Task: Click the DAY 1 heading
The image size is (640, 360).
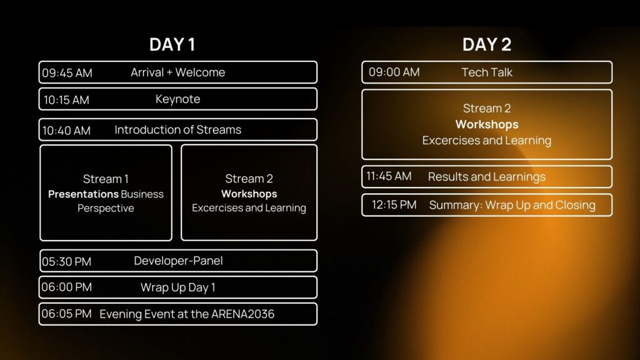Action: (x=172, y=45)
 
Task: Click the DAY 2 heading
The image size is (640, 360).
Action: (x=486, y=45)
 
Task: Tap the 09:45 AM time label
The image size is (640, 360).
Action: (x=67, y=73)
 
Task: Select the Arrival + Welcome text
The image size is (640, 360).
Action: (x=177, y=72)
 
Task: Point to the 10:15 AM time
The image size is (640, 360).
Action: (x=66, y=100)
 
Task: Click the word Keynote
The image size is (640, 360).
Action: (x=177, y=99)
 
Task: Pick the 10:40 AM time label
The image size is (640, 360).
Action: (x=66, y=131)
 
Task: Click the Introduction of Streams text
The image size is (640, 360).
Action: (x=177, y=130)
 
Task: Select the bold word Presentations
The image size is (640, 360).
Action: (x=83, y=194)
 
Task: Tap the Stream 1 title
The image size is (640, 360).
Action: (x=106, y=179)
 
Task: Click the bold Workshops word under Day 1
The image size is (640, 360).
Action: (x=249, y=194)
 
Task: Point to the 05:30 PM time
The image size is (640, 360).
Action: (x=66, y=261)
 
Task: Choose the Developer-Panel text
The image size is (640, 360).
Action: (x=178, y=261)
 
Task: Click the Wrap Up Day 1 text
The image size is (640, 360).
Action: (x=177, y=287)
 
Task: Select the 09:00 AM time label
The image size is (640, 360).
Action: (x=394, y=72)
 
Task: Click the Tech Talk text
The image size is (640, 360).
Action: (x=486, y=72)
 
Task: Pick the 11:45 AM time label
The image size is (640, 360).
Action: (x=389, y=176)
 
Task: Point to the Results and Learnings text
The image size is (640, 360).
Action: (x=486, y=177)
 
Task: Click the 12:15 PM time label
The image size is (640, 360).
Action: (x=394, y=205)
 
